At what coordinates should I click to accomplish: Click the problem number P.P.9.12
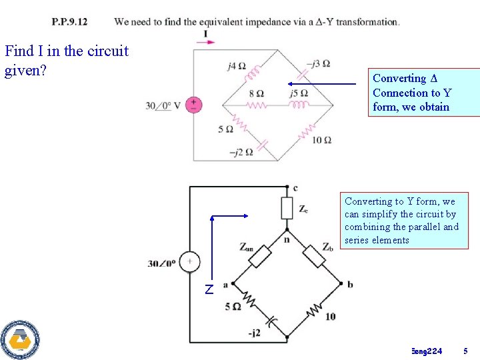pyautogui.click(x=69, y=22)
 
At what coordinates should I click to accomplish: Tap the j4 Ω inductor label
pyautogui.click(x=236, y=66)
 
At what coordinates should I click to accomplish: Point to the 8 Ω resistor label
pyautogui.click(x=256, y=93)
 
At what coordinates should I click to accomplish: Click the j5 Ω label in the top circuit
pyautogui.click(x=299, y=93)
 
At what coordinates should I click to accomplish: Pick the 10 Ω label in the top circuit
pyautogui.click(x=321, y=139)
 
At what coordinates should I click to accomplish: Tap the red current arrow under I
pyautogui.click(x=206, y=43)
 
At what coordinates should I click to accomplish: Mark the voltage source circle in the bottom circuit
pyautogui.click(x=189, y=263)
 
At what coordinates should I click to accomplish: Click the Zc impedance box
pyautogui.click(x=287, y=208)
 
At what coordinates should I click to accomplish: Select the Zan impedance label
pyautogui.click(x=247, y=247)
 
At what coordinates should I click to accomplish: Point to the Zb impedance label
pyautogui.click(x=328, y=247)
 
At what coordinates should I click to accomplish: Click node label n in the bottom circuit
pyautogui.click(x=287, y=239)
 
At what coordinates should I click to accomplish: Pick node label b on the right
pyautogui.click(x=350, y=285)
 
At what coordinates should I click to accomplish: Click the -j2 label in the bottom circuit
pyautogui.click(x=254, y=333)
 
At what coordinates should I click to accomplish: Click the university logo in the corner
pyautogui.click(x=20, y=339)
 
